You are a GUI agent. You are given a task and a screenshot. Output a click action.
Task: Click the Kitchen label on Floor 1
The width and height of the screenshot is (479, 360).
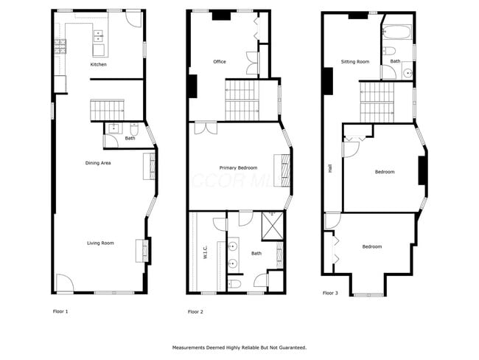coord(98,64)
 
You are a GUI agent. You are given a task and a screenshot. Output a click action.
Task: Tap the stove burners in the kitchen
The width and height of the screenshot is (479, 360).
coord(58,50)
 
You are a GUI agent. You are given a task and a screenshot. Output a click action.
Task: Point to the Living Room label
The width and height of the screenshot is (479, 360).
coord(100,243)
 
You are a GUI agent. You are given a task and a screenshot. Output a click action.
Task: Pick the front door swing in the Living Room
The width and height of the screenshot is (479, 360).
coord(64,284)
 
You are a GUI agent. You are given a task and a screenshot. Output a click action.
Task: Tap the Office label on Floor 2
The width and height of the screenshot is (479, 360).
coord(219,61)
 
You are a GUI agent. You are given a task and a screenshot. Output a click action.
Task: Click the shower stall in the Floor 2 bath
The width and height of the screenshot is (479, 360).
coord(273,222)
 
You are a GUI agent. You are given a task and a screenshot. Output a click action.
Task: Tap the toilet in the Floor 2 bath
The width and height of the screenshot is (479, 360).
coord(234,283)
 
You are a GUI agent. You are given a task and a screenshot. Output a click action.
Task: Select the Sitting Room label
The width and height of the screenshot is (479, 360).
coord(355,61)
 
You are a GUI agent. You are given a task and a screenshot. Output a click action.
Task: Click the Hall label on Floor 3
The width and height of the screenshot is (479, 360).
coord(330,168)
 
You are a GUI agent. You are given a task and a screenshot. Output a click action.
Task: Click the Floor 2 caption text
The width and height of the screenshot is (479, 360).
coord(195,312)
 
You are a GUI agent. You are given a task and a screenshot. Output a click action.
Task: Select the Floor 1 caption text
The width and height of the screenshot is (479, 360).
coord(60,311)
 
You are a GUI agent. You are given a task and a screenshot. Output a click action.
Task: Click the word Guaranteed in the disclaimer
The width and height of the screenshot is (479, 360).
coord(288,347)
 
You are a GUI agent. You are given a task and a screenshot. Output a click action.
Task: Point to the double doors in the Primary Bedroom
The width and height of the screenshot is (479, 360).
coord(206,128)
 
